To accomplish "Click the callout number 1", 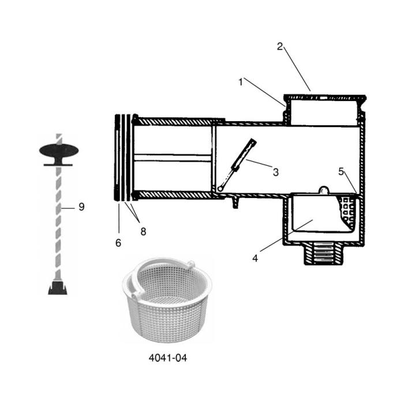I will [x=240, y=82].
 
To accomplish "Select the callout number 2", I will [x=280, y=47].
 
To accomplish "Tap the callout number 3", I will [x=275, y=171].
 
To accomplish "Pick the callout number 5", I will [x=341, y=171].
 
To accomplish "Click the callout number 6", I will [x=118, y=243].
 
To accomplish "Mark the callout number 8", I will [x=143, y=231].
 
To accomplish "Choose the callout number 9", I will [x=81, y=207].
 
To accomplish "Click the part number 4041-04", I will [x=168, y=358].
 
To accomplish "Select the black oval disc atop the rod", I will [x=59, y=151].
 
